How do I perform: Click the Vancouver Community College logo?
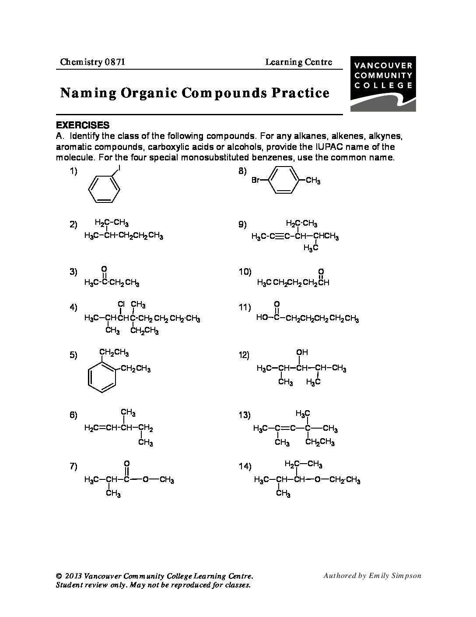(x=383, y=84)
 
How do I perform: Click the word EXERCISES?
(x=83, y=125)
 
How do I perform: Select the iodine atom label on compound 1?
(x=119, y=169)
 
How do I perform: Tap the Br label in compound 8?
(x=255, y=180)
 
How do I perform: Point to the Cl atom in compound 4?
(x=121, y=304)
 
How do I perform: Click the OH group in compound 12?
(x=302, y=352)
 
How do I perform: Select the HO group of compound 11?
(x=262, y=317)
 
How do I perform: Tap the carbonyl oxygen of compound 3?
(x=104, y=269)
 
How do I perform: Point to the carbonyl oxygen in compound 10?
(x=321, y=271)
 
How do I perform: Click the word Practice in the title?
(x=301, y=93)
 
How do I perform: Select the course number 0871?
(x=115, y=62)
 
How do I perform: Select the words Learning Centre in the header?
(x=298, y=62)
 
